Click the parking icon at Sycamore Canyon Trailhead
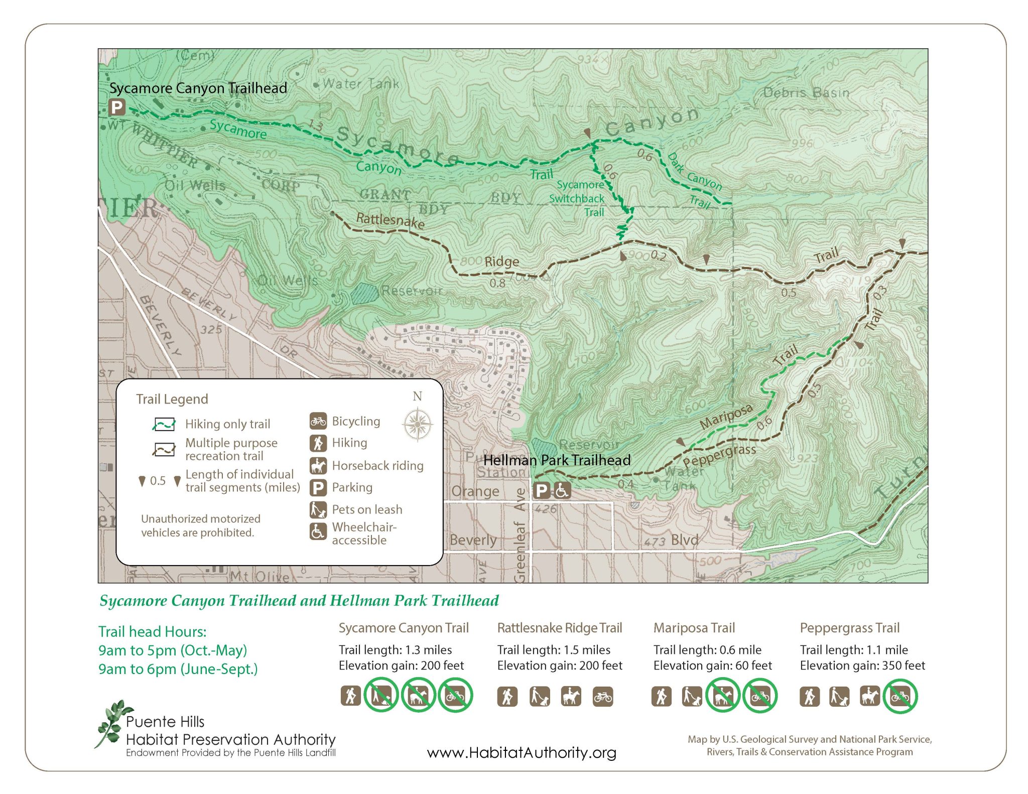116,107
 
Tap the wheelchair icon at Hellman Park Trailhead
562,490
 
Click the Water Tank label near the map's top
361,83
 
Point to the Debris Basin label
806,92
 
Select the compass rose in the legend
417,425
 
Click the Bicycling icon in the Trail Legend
318,421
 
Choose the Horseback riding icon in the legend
318,466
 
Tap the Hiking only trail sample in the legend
164,425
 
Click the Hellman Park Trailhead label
556,460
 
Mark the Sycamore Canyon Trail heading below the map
403,628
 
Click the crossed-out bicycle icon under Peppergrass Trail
900,696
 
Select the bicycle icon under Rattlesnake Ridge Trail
602,697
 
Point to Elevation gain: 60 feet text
712,666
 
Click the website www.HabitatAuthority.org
521,752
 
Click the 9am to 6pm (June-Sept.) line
178,669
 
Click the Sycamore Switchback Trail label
578,198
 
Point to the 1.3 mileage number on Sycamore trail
315,124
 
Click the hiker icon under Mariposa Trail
661,697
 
